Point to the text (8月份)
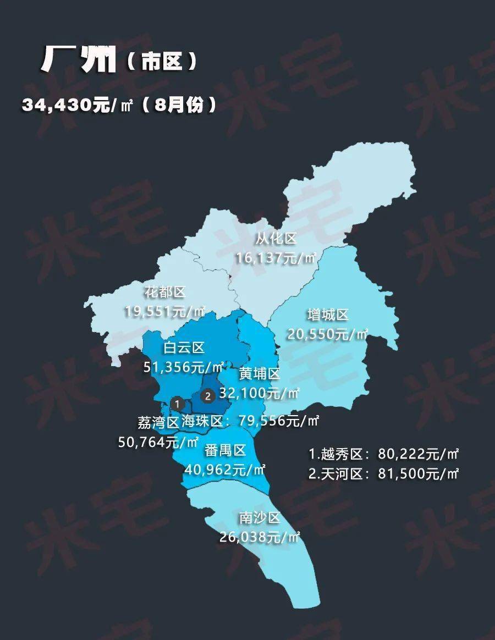coord(179,104)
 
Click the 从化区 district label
coord(276,239)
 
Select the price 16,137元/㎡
coord(276,257)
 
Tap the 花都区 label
coord(166,293)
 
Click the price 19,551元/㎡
coord(164,311)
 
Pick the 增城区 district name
coord(328,315)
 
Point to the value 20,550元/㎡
coord(328,333)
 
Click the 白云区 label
coord(184,347)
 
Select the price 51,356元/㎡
coord(184,366)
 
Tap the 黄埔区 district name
coord(260,374)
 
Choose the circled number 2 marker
coord(207,395)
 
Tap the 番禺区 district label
coord(224,451)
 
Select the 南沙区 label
coord(260,518)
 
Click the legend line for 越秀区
coord(383,455)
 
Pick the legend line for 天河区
coord(383,473)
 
